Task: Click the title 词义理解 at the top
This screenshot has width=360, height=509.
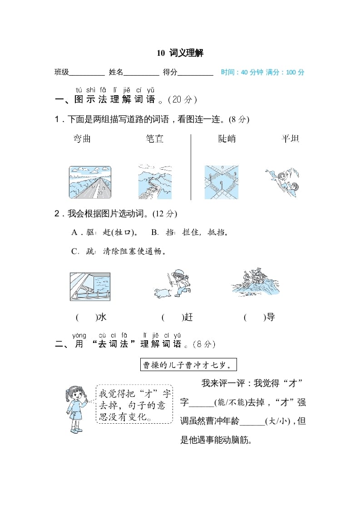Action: click(x=186, y=53)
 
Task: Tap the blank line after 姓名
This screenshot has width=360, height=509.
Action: click(x=141, y=73)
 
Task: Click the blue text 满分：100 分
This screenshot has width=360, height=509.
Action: click(x=285, y=72)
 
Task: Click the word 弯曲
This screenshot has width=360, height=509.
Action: click(x=82, y=139)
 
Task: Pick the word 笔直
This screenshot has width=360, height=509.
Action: click(x=155, y=139)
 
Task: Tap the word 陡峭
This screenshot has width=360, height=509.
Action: click(x=227, y=139)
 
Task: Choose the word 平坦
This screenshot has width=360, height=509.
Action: click(x=291, y=139)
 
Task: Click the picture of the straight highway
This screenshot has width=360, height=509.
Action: click(x=90, y=182)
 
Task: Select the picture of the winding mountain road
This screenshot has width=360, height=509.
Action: click(x=155, y=182)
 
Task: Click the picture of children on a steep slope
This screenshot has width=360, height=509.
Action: click(x=282, y=182)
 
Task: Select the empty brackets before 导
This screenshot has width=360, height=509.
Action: click(x=254, y=318)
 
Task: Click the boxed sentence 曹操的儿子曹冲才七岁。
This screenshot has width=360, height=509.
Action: click(x=188, y=365)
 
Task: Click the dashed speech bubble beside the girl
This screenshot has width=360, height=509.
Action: click(x=134, y=404)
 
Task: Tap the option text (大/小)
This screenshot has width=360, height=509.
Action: click(x=277, y=421)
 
